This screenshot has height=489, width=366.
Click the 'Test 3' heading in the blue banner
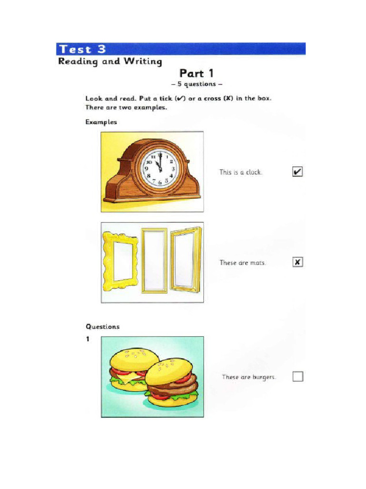[82, 49]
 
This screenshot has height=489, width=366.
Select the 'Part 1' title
[196, 73]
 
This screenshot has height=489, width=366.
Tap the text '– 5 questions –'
[196, 85]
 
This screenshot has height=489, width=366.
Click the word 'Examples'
[101, 122]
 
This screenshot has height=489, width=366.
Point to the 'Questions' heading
[102, 327]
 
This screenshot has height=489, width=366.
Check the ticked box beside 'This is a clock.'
[297, 172]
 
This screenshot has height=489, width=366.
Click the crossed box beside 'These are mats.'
[297, 262]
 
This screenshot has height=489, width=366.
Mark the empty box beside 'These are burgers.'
[297, 376]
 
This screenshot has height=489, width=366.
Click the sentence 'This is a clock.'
[241, 172]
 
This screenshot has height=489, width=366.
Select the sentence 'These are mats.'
[243, 263]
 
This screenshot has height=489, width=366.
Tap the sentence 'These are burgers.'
[249, 377]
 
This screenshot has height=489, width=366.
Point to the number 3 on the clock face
[173, 169]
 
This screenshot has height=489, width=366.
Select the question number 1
[88, 339]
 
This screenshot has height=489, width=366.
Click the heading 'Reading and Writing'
[110, 62]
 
